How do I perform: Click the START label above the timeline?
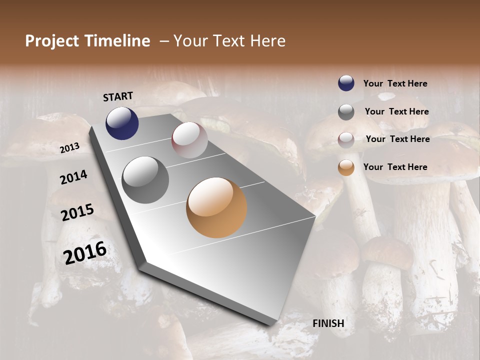[118, 96]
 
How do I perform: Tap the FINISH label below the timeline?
[328, 323]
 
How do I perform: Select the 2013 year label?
[69, 148]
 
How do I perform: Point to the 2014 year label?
[73, 177]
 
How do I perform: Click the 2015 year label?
[77, 212]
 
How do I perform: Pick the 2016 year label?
[85, 252]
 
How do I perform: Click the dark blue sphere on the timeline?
[122, 123]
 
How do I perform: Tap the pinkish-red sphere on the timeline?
[189, 140]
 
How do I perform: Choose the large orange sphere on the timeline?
[216, 207]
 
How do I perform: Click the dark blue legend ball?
[346, 83]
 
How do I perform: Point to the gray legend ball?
[346, 112]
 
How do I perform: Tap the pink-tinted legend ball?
[346, 140]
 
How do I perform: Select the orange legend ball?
[346, 167]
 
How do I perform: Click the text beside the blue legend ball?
[395, 83]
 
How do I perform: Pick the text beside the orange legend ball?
[395, 167]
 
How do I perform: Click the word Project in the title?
[52, 41]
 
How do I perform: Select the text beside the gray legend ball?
[396, 111]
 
